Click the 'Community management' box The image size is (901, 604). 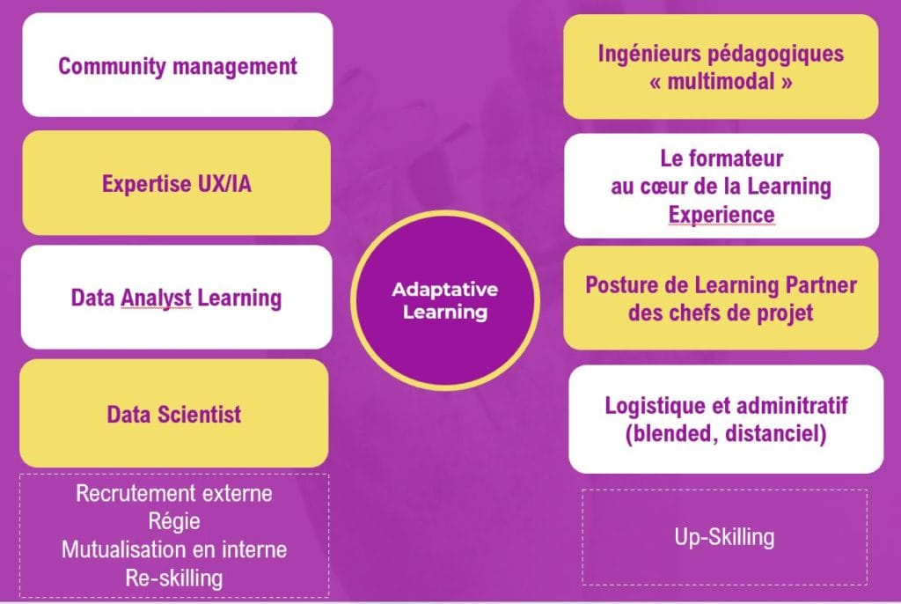pyautogui.click(x=178, y=65)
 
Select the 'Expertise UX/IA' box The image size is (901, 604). pyautogui.click(x=176, y=183)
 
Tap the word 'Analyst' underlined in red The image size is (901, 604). pyautogui.click(x=157, y=298)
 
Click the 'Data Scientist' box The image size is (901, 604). pyautogui.click(x=174, y=413)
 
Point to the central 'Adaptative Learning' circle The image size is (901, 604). pyautogui.click(x=445, y=300)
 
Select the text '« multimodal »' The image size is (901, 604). pyautogui.click(x=721, y=81)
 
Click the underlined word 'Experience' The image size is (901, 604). pyautogui.click(x=722, y=215)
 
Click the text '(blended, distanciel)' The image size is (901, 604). pyautogui.click(x=726, y=433)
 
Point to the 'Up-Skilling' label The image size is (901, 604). pyautogui.click(x=724, y=537)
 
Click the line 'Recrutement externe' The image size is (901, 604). pyautogui.click(x=174, y=493)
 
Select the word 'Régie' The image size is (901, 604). pyautogui.click(x=174, y=521)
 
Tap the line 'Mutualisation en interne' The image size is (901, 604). pyautogui.click(x=174, y=549)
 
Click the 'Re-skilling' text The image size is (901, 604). pyautogui.click(x=174, y=578)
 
